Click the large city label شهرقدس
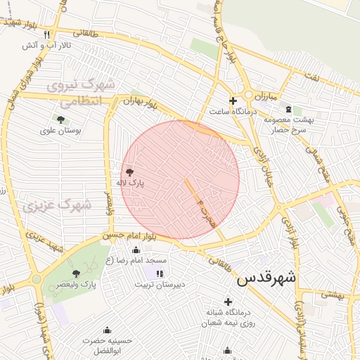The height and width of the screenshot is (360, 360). pos(267,278)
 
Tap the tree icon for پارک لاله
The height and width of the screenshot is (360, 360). pos(129,172)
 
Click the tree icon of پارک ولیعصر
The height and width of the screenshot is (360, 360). pos(76,273)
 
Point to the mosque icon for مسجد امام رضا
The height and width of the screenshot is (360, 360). pos(136,250)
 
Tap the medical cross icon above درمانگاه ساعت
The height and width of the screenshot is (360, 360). pos(233,101)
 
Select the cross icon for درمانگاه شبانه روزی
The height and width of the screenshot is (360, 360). pos(228,302)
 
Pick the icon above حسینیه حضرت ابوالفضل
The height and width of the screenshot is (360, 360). pos(107,330)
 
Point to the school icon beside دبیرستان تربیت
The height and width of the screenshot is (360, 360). pos(160,274)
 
